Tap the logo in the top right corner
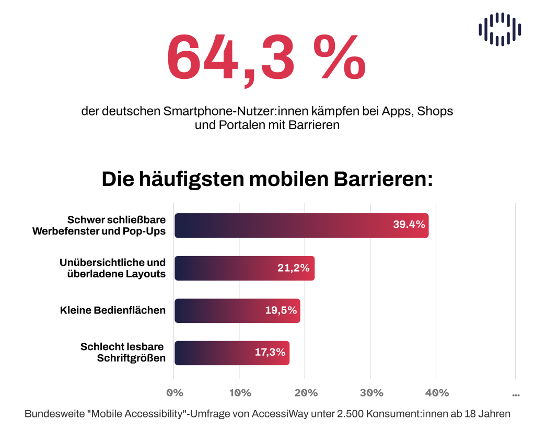[x=499, y=29]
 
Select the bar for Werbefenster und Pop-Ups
[x=301, y=226]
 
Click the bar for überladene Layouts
[x=244, y=268]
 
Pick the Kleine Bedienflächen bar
[x=237, y=310]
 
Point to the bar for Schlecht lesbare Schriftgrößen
[x=231, y=353]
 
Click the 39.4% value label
[x=409, y=225]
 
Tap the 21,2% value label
[x=294, y=268]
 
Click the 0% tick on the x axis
[x=174, y=393]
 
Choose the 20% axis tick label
[x=306, y=393]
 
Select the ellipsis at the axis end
[x=516, y=395]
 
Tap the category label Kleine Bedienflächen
[x=113, y=310]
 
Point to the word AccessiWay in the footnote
[x=280, y=413]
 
